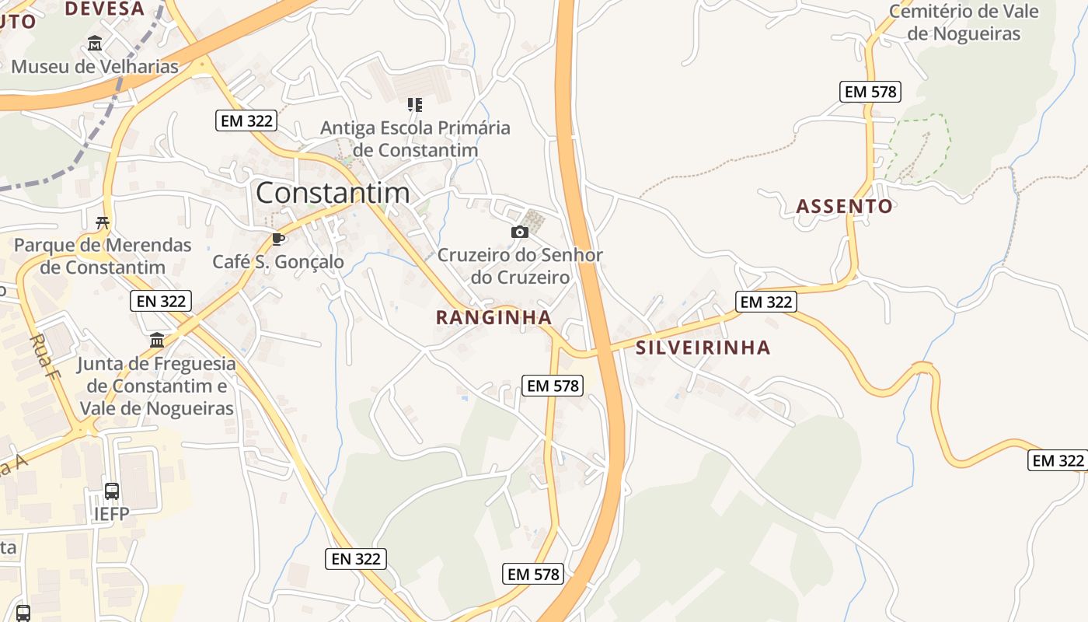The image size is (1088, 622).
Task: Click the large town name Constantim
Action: [333, 192]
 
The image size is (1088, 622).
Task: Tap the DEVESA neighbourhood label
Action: [105, 9]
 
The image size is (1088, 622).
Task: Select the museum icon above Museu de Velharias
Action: [95, 44]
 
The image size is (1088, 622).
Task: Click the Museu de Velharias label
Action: [95, 67]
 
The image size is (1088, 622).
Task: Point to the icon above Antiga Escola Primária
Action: [415, 104]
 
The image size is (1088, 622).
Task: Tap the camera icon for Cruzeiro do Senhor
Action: [520, 232]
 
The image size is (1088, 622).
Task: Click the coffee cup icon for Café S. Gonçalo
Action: [278, 239]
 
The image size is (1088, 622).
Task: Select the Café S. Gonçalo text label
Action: [278, 262]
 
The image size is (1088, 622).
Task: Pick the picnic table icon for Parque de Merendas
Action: [103, 223]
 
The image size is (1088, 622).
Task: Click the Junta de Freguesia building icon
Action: [157, 341]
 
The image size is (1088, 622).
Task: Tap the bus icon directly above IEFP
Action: [112, 491]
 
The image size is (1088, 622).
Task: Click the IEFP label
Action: [111, 515]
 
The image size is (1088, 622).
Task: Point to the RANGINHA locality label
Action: [493, 317]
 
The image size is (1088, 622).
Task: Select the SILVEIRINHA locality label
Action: [703, 348]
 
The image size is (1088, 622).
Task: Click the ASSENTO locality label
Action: [845, 206]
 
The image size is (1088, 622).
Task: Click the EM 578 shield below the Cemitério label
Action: [870, 92]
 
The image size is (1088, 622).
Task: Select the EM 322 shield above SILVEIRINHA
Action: [766, 302]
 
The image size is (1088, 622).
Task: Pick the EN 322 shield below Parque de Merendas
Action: [161, 301]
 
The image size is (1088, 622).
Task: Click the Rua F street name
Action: [43, 356]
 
